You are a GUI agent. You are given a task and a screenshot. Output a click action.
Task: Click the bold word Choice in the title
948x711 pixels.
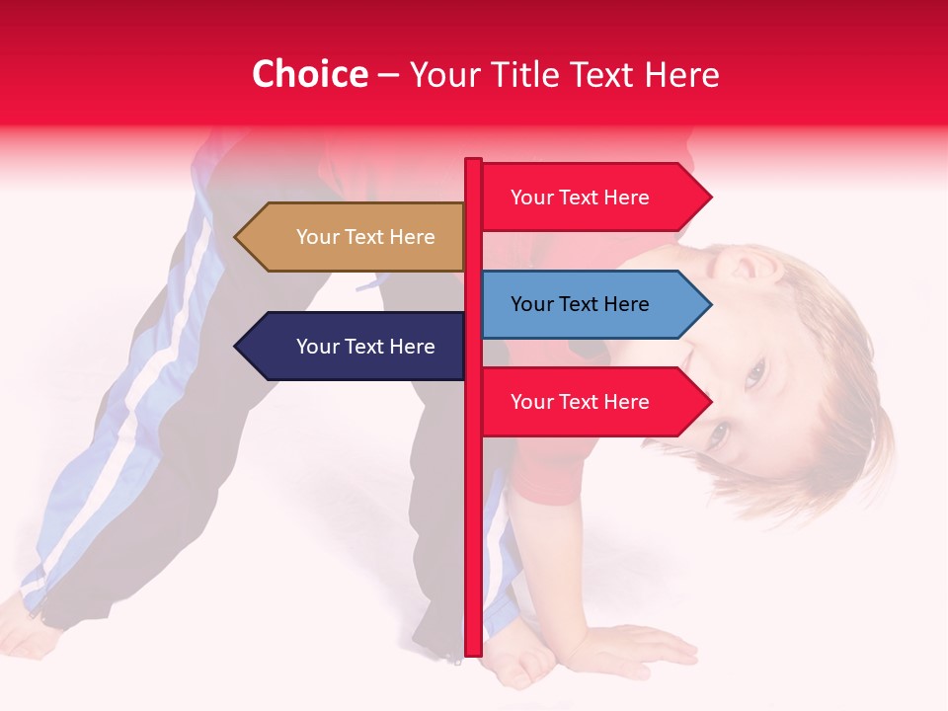click(x=309, y=75)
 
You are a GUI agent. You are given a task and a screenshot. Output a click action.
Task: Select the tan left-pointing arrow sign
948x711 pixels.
click(x=351, y=237)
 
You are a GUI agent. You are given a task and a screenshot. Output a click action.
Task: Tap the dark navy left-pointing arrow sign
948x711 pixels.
click(x=351, y=347)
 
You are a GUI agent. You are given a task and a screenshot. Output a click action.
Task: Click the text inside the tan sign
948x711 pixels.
click(x=365, y=237)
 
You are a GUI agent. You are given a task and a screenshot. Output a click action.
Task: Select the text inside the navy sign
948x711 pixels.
click(x=365, y=347)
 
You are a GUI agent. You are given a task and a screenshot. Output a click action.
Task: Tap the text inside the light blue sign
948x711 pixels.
click(x=580, y=304)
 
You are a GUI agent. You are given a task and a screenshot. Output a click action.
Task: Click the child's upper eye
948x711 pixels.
click(x=755, y=372)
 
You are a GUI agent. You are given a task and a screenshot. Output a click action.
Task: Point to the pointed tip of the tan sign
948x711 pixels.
click(x=238, y=237)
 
